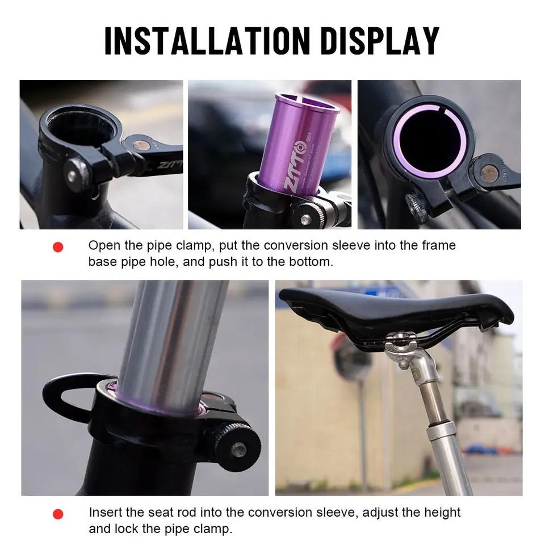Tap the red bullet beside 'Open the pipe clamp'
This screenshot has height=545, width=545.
(x=58, y=247)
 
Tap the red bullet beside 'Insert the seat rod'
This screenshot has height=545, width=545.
(x=58, y=514)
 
